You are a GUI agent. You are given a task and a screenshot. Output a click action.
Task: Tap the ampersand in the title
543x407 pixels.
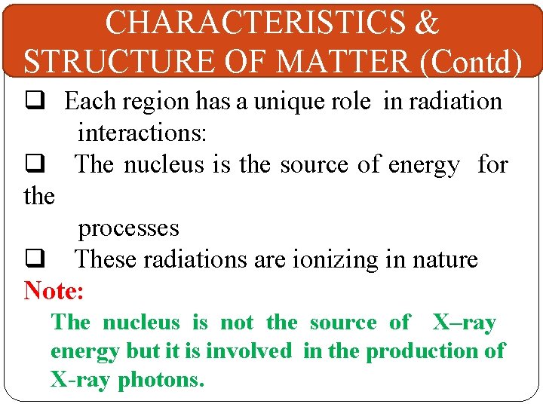pyautogui.click(x=426, y=23)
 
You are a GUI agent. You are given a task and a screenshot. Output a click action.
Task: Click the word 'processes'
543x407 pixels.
pyautogui.click(x=128, y=228)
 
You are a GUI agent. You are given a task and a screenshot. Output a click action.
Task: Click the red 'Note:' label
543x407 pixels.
pyautogui.click(x=54, y=290)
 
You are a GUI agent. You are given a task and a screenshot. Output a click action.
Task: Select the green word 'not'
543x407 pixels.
pyautogui.click(x=238, y=323)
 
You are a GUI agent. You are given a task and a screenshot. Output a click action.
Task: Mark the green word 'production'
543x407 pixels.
pyautogui.click(x=419, y=351)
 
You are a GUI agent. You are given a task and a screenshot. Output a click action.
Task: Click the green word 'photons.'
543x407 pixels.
pyautogui.click(x=161, y=380)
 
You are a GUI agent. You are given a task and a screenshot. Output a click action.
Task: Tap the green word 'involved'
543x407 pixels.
pyautogui.click(x=248, y=351)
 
